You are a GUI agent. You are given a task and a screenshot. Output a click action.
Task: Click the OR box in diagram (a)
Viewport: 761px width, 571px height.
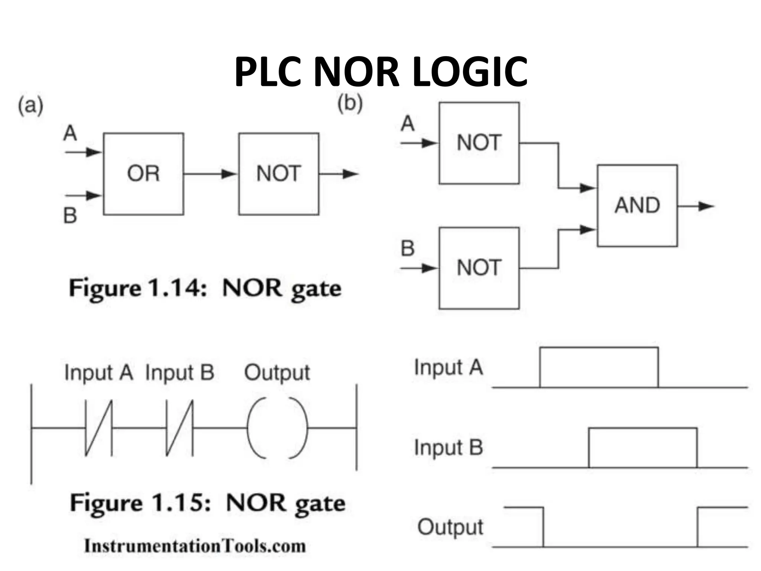143,174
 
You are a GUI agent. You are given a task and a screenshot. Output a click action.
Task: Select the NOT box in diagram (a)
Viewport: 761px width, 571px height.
279,174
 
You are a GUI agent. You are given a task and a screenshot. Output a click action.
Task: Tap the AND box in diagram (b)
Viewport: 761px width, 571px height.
637,206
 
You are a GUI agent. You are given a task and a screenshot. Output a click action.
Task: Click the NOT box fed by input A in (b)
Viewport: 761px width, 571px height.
479,143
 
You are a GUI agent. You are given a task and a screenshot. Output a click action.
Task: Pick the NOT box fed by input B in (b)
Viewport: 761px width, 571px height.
479,268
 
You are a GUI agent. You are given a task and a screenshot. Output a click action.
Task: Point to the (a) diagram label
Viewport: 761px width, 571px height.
30,106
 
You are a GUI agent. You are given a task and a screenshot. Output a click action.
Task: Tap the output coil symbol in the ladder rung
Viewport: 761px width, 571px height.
277,428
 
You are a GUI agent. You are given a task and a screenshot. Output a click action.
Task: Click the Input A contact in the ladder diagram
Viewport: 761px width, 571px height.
98,428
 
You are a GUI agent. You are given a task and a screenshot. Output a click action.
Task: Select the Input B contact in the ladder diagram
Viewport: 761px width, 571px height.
179,428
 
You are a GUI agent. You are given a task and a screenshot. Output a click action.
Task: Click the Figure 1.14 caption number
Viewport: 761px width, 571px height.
177,288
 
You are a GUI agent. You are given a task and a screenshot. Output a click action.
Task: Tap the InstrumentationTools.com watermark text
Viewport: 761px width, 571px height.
195,546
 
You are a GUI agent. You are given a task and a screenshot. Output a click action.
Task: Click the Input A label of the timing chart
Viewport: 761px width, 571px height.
448,368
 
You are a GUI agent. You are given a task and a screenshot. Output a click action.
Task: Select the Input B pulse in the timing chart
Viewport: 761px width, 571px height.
643,447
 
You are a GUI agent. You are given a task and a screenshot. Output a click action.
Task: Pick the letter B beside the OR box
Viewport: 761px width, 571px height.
70,216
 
